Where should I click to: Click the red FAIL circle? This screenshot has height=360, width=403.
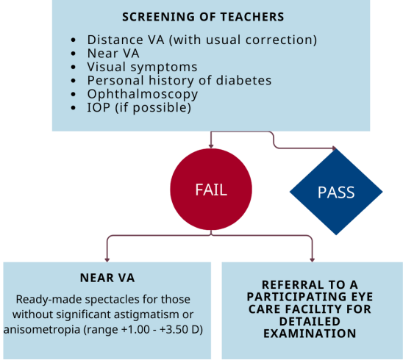211,190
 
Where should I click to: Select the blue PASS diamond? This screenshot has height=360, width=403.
336,192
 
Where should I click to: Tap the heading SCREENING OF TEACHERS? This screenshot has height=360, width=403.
203,17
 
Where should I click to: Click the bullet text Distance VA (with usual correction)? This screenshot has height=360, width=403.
202,40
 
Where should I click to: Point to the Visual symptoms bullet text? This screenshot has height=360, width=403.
142,67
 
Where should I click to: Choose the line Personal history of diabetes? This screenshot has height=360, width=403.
179,80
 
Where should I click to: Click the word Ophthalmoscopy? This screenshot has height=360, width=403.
143,94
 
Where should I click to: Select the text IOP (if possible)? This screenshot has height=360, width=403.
139,107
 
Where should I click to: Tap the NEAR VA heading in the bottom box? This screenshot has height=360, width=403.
107,278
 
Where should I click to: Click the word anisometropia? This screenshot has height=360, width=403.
42,330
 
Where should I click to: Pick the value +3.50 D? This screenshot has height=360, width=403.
181,329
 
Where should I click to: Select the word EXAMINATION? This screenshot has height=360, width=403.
310,334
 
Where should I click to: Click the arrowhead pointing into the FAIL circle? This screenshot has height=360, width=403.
211,146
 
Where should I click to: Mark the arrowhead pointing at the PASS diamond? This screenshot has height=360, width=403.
335,148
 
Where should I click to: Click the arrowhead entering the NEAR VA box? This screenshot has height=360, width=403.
107,260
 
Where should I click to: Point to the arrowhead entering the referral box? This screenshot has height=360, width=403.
313,260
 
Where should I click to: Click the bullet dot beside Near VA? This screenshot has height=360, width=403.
74,54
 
